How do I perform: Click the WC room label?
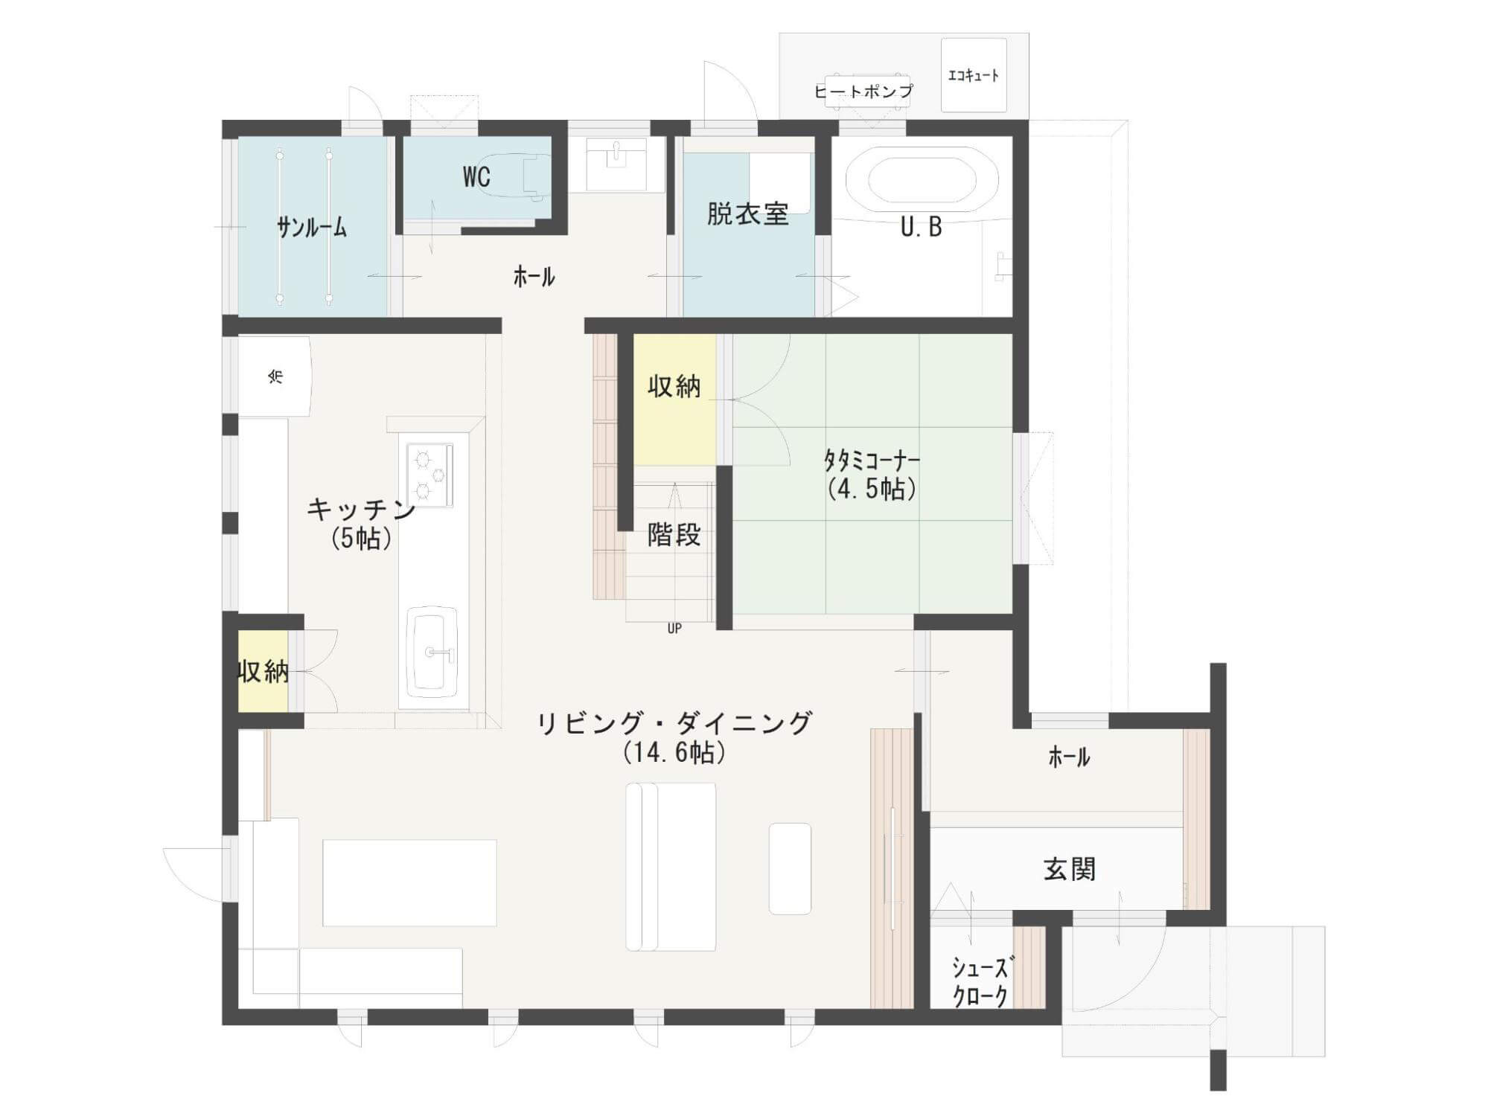pyautogui.click(x=476, y=177)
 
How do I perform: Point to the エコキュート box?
pyautogui.click(x=974, y=75)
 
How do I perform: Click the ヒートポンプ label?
pyautogui.click(x=863, y=92)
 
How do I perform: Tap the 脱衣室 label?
pyautogui.click(x=747, y=214)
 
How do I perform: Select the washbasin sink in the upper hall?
pyautogui.click(x=616, y=164)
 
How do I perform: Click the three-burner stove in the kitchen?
pyautogui.click(x=430, y=474)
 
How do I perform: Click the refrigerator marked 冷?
pyautogui.click(x=274, y=376)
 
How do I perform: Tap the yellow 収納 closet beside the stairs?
pyautogui.click(x=674, y=400)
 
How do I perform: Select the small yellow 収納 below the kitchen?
pyautogui.click(x=263, y=672)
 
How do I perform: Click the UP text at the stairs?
pyautogui.click(x=674, y=629)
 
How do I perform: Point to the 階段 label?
pyautogui.click(x=674, y=534)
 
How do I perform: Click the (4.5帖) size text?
pyautogui.click(x=872, y=489)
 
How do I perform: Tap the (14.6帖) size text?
pyautogui.click(x=674, y=753)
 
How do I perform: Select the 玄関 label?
pyautogui.click(x=1070, y=869)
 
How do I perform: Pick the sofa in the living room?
pyautogui.click(x=671, y=867)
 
